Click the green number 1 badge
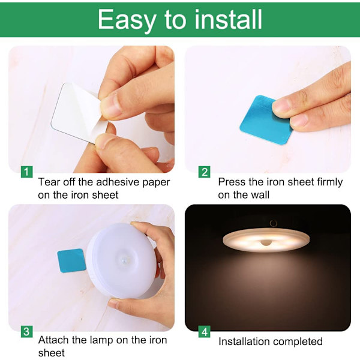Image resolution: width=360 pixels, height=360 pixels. pyautogui.click(x=26, y=172)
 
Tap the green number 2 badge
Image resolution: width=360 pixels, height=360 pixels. pyautogui.click(x=205, y=172)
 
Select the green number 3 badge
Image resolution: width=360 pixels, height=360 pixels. pyautogui.click(x=26, y=332)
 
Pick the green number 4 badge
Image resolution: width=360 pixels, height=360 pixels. pyautogui.click(x=205, y=332)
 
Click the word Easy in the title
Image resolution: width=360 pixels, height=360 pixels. pyautogui.click(x=127, y=20)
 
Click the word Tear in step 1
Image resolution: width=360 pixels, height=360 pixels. pyautogui.click(x=49, y=182)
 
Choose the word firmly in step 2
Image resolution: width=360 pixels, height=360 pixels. pyautogui.click(x=329, y=182)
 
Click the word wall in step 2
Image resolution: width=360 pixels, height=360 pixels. pyautogui.click(x=260, y=194)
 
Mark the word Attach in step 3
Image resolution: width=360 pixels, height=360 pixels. pyautogui.click(x=53, y=340)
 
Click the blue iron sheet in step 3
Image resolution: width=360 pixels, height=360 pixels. pyautogui.click(x=71, y=260)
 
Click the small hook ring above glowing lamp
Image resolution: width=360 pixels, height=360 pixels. pyautogui.click(x=273, y=223)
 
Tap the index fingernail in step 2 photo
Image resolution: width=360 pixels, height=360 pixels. pyautogui.click(x=281, y=106)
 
